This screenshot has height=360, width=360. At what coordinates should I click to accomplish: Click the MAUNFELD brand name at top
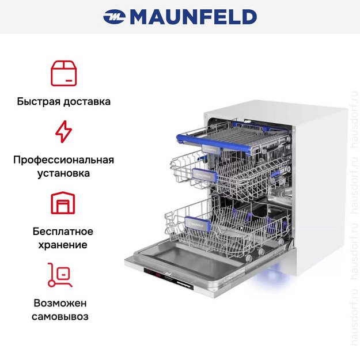(x=194, y=17)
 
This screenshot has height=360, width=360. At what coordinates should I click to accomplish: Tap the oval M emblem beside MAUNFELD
(x=115, y=17)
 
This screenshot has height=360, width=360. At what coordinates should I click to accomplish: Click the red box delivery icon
(x=63, y=73)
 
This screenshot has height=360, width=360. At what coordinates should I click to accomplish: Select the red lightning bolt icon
(x=63, y=131)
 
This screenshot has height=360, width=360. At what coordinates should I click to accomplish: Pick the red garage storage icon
(x=63, y=203)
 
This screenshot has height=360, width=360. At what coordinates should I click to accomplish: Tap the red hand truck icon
(x=60, y=275)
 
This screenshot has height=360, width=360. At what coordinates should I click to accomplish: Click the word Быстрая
(x=39, y=101)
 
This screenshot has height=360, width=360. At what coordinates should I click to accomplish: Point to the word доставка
(x=87, y=101)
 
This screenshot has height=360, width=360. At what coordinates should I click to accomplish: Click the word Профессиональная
(x=63, y=160)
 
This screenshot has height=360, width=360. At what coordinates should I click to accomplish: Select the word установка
(x=63, y=173)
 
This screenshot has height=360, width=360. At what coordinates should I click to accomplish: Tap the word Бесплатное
(x=63, y=231)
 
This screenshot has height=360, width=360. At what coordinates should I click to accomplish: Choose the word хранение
(x=63, y=245)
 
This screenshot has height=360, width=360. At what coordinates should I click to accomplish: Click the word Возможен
(x=60, y=303)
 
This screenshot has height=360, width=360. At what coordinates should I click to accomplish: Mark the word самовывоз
(x=60, y=317)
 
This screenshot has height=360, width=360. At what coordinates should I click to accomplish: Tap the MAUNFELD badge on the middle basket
(x=204, y=176)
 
